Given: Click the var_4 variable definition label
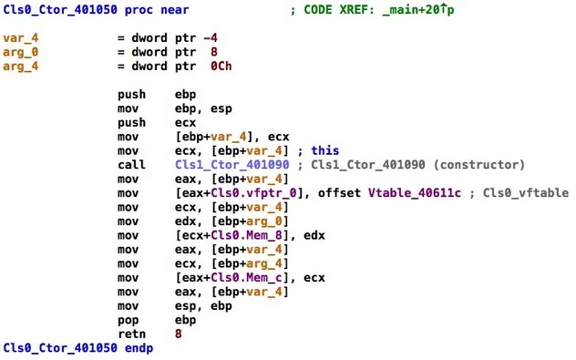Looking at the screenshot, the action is coord(21,37).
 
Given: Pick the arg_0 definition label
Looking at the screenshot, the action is coord(21,51).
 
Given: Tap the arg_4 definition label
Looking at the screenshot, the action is coord(21,65).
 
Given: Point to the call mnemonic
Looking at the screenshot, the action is coord(131,165).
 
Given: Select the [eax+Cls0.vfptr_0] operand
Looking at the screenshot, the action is coord(236,192).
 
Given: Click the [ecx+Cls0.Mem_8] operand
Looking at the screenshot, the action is coord(232,234).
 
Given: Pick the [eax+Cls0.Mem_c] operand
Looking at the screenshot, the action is coord(232,277).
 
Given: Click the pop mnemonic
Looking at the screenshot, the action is coord(128,320).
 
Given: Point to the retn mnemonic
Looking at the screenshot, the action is coord(131,334).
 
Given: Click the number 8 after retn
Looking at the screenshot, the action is coord(178,334).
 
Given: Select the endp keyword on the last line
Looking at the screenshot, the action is coord(139,348).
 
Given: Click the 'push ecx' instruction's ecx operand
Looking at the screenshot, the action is coord(185,121).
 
